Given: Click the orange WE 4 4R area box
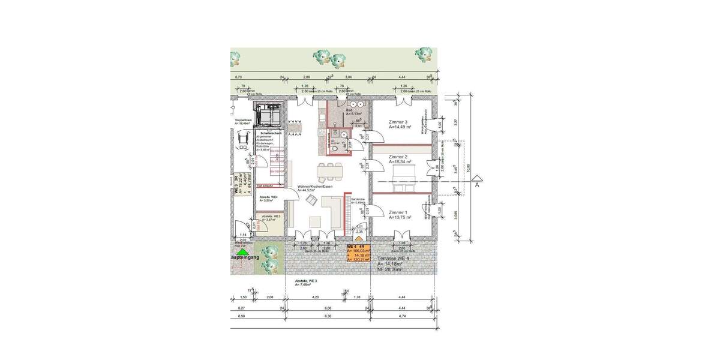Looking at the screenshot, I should tap(358, 254).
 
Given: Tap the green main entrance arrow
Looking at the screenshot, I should tap(242, 252).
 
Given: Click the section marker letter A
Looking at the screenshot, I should tap(477, 185).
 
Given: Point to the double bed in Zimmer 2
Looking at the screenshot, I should tap(401, 178).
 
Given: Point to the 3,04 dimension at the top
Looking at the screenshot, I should tap(348, 78).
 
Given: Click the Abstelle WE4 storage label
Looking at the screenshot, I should tap(268, 197).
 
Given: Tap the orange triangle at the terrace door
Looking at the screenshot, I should tap(359, 238).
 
